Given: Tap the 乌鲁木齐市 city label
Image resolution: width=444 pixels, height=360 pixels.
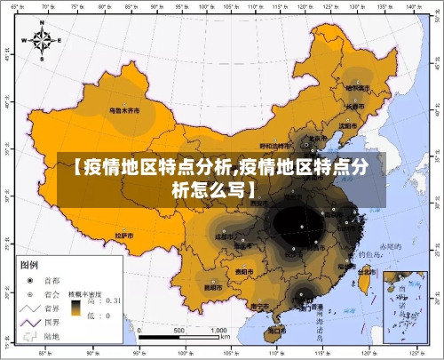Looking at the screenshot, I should pos(125,112).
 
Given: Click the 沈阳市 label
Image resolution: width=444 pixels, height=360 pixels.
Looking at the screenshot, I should pos(348,126).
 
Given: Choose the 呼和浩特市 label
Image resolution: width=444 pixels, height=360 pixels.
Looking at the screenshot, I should pos(274,145).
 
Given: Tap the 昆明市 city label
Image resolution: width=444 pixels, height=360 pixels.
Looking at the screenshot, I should pos(212,286).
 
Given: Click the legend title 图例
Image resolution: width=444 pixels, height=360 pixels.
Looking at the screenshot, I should pos(29,265).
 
